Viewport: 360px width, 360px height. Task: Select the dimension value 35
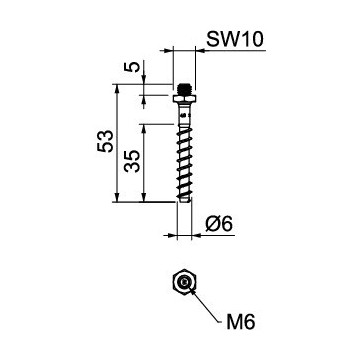click(130, 163)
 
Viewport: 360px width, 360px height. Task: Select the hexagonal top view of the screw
click(183, 283)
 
